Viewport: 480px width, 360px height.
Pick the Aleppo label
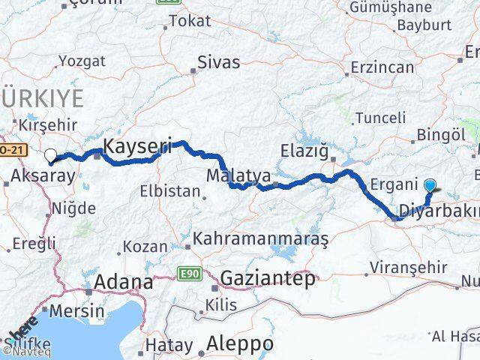[240, 343]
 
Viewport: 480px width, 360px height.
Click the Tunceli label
[380, 118]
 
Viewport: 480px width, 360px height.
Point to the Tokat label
[190, 21]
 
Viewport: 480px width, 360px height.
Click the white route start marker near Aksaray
[51, 156]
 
